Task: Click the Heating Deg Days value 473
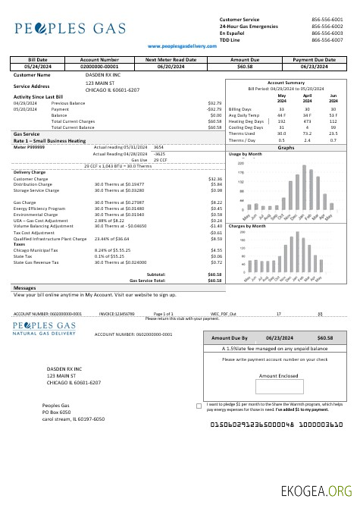tap(307, 121)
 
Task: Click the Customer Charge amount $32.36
tap(214, 178)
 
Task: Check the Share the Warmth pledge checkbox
tap(199, 406)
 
